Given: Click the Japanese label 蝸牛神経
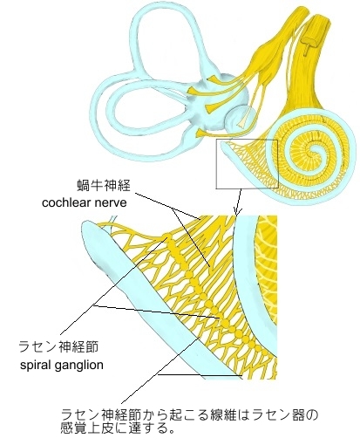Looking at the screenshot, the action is [x=104, y=186].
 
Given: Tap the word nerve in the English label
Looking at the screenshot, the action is [x=112, y=203].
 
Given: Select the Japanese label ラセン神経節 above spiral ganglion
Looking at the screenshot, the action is [x=58, y=347].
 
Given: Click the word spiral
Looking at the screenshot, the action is [x=36, y=365].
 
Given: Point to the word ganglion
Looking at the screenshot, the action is [x=78, y=366].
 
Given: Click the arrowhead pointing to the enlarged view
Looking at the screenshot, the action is [x=237, y=212].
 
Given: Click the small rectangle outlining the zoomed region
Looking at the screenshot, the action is [x=247, y=140].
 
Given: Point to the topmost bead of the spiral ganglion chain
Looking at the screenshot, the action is [x=166, y=236].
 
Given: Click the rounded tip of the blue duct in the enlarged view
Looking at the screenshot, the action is [x=88, y=226].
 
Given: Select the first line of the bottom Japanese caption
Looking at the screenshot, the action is [x=189, y=414].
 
